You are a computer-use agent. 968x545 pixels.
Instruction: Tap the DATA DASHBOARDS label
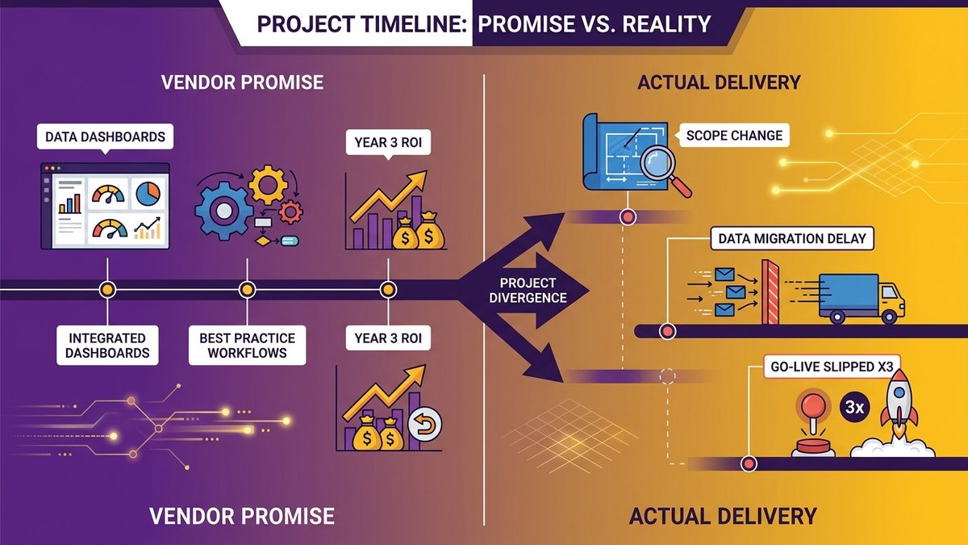tap(105, 136)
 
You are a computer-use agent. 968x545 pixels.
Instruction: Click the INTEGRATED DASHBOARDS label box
tap(107, 346)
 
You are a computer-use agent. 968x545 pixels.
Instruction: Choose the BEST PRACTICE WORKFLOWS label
tap(247, 346)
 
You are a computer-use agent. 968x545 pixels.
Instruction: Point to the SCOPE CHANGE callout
tap(734, 136)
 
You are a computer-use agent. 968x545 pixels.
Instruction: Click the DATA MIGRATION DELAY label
tap(792, 238)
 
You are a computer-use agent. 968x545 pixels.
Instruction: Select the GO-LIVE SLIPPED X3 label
tap(832, 367)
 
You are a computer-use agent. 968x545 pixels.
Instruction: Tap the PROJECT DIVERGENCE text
tap(528, 290)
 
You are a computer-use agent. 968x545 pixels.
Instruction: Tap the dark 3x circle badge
tap(854, 408)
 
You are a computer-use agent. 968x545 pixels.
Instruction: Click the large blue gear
tap(224, 211)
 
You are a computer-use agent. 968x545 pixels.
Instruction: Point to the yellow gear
tap(268, 185)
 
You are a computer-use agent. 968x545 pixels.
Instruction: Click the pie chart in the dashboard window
tap(148, 193)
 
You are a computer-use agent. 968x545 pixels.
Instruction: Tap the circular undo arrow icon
tap(425, 423)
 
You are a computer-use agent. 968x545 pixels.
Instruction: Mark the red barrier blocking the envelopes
tap(770, 291)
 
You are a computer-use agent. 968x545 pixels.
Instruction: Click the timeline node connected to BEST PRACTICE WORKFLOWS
tap(247, 290)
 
